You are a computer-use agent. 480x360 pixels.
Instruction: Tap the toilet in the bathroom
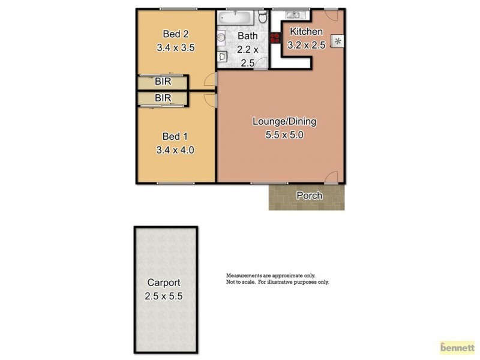point(263,19)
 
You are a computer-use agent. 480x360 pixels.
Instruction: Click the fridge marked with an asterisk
point(338,41)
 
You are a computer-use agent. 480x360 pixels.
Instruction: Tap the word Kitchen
point(307,32)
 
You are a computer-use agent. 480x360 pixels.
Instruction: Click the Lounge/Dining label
point(284,121)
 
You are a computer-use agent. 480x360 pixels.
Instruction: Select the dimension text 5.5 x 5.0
point(284,135)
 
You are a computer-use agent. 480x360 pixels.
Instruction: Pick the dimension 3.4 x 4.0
point(175,150)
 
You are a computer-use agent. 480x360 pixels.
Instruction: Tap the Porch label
point(309,196)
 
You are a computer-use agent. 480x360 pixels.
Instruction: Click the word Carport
point(164,282)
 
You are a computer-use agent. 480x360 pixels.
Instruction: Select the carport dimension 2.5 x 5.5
point(164,296)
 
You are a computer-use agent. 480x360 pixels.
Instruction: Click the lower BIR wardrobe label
point(163,97)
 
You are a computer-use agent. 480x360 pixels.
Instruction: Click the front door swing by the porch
point(331,177)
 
